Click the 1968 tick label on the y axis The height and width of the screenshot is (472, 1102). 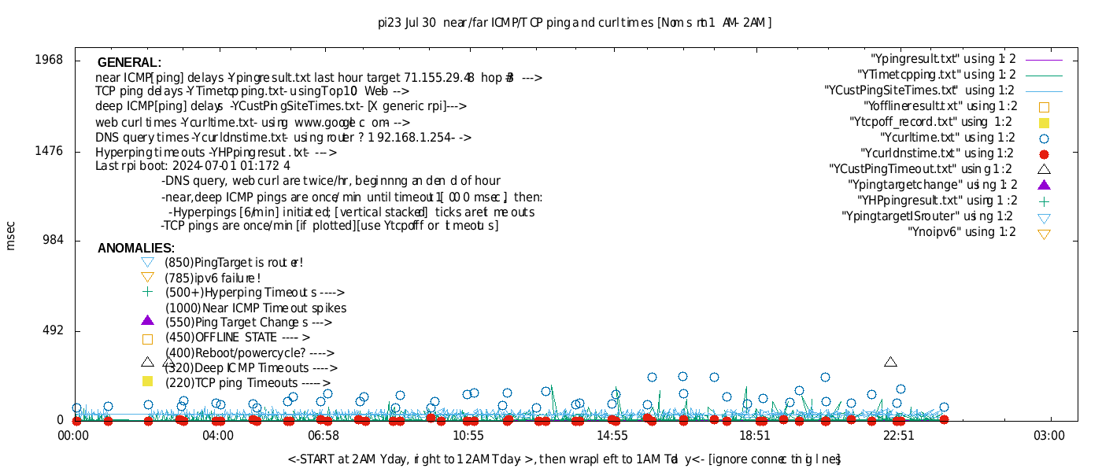click(x=49, y=61)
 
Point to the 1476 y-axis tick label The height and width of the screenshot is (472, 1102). click(x=49, y=151)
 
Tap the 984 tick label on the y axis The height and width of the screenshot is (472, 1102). click(x=52, y=241)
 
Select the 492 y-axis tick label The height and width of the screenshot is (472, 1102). click(x=52, y=331)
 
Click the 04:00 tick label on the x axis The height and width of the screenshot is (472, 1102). click(x=218, y=435)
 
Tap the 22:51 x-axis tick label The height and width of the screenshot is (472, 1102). click(x=898, y=435)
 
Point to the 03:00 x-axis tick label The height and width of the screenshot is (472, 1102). click(x=1049, y=435)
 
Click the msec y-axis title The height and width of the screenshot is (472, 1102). click(x=10, y=236)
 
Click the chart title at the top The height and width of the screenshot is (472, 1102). click(x=575, y=23)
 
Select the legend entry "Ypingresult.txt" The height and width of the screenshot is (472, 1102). click(x=943, y=59)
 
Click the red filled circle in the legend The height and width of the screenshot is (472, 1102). click(x=1044, y=153)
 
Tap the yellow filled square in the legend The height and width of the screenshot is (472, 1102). click(x=1044, y=122)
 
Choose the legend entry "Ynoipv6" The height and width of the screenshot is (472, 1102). click(x=962, y=232)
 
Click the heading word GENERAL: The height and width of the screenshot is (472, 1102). click(x=129, y=63)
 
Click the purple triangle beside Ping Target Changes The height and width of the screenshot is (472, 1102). click(x=147, y=320)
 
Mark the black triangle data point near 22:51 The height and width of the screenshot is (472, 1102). click(x=890, y=362)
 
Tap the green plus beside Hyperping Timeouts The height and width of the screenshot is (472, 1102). click(x=147, y=292)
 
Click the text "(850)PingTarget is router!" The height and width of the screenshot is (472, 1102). click(x=234, y=263)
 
